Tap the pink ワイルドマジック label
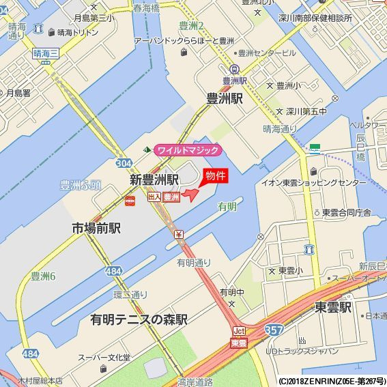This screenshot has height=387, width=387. (x=188, y=150)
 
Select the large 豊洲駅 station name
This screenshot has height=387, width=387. (x=225, y=98)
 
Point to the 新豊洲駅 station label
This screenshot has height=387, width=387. (x=154, y=180)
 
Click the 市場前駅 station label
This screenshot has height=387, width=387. (x=96, y=228)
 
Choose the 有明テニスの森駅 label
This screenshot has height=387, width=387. (x=139, y=319)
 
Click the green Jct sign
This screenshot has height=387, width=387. (x=239, y=331)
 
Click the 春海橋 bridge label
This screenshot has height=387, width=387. (x=146, y=9)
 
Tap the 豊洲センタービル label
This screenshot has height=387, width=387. (x=267, y=53)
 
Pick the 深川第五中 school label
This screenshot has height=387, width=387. (x=301, y=111)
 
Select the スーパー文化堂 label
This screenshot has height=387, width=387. (x=104, y=357)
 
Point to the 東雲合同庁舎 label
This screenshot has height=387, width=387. (x=346, y=212)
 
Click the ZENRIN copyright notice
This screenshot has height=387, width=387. (x=332, y=381)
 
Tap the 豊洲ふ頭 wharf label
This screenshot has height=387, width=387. (x=81, y=185)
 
